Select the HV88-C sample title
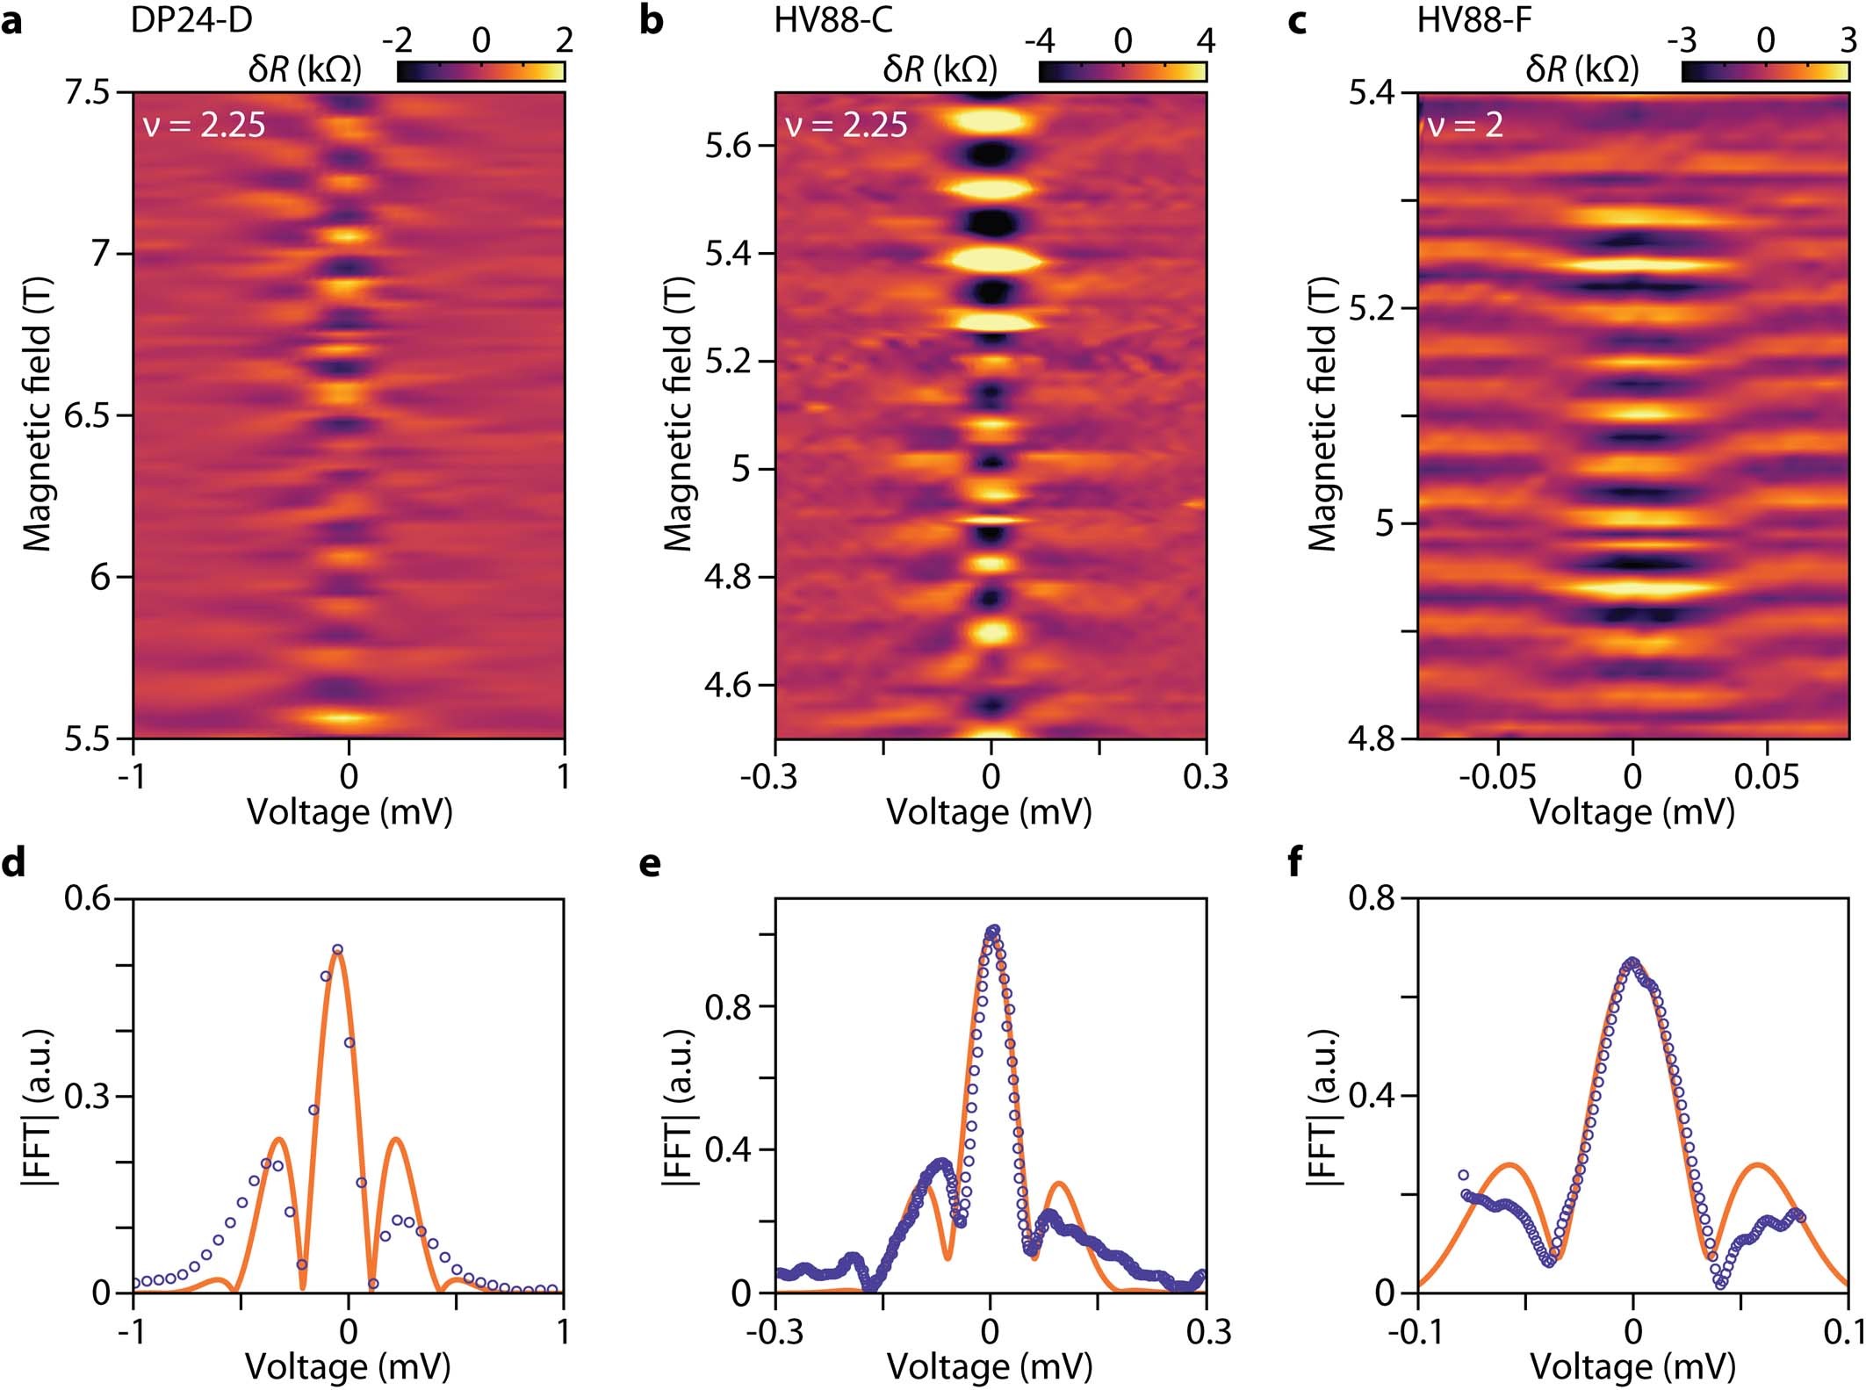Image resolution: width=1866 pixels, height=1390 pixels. [x=833, y=19]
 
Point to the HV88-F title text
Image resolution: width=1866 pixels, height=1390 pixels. [x=1474, y=19]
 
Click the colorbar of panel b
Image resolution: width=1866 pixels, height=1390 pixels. [x=1122, y=71]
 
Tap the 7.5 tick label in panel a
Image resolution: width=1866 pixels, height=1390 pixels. [x=91, y=91]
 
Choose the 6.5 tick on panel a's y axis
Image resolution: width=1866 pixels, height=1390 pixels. [x=91, y=415]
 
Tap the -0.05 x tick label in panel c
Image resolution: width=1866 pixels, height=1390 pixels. [x=1497, y=777]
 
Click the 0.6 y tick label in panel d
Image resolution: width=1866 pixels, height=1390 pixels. [x=91, y=898]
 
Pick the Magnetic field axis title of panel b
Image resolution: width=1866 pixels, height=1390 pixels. [x=678, y=414]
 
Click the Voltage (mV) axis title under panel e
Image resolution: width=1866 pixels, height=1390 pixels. [x=990, y=1366]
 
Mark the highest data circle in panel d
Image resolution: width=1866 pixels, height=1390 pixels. [x=337, y=949]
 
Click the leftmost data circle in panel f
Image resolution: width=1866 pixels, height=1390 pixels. [x=1463, y=1175]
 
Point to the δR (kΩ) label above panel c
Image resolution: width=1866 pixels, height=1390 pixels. [x=1581, y=69]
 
